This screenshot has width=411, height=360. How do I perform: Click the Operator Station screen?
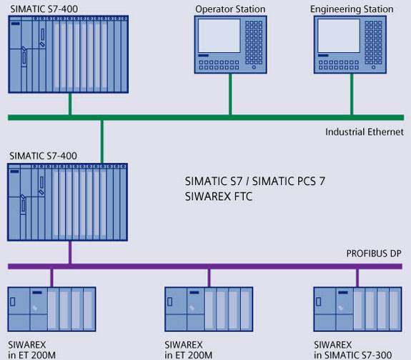click(219, 36)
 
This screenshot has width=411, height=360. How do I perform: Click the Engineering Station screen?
click(339, 36)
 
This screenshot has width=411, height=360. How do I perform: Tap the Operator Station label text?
click(230, 9)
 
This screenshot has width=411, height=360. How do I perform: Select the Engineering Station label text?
click(352, 9)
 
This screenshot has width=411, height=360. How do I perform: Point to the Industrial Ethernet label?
click(365, 132)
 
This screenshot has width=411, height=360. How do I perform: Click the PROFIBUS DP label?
click(374, 254)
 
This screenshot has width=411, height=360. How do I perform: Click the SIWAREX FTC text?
click(219, 196)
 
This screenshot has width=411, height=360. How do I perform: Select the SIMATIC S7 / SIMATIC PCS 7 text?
click(254, 181)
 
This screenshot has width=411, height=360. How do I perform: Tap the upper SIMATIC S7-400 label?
click(44, 9)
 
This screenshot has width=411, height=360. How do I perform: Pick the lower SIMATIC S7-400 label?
click(43, 156)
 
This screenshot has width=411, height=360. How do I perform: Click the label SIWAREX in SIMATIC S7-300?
click(353, 350)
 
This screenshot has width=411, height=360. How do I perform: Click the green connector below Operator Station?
click(230, 94)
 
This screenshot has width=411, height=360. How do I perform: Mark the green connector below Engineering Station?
click(352, 94)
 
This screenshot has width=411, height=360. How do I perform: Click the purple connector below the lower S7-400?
click(70, 252)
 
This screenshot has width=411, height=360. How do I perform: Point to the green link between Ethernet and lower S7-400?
click(102, 141)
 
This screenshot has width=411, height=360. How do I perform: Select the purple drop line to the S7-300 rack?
click(357, 278)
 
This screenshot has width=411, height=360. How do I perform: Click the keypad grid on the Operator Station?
click(254, 42)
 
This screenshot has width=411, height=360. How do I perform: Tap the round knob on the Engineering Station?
click(374, 68)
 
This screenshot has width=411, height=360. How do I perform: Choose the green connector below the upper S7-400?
click(70, 104)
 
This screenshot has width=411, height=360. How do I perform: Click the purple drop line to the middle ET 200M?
click(209, 278)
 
